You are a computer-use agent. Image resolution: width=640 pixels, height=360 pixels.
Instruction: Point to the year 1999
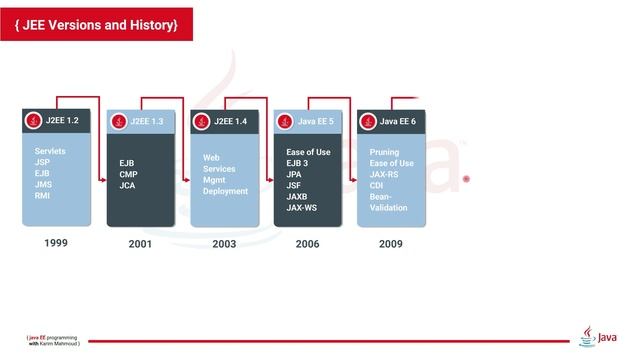pyautogui.click(x=56, y=242)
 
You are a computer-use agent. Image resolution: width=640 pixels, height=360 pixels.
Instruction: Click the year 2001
pyautogui.click(x=140, y=243)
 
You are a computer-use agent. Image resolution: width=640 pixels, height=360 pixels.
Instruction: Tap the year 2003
pyautogui.click(x=224, y=243)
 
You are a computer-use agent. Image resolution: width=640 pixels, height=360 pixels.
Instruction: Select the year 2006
pyautogui.click(x=308, y=243)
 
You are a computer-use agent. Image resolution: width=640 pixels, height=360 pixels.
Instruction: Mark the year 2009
pyautogui.click(x=391, y=243)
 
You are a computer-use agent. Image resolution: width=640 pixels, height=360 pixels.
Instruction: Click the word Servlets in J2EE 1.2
pyautogui.click(x=50, y=151)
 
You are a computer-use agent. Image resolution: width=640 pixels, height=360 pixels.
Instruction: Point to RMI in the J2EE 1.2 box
pyautogui.click(x=42, y=195)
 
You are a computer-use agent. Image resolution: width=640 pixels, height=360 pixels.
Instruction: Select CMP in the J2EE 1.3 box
pyautogui.click(x=128, y=174)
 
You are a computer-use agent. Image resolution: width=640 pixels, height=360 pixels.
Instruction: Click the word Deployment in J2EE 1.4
pyautogui.click(x=225, y=191)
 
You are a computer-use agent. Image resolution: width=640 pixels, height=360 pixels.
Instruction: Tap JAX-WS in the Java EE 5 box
pyautogui.click(x=301, y=207)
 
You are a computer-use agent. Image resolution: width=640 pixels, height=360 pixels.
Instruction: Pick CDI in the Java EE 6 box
pyautogui.click(x=378, y=185)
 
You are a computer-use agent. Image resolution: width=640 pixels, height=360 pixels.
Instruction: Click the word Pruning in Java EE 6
pyautogui.click(x=385, y=152)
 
